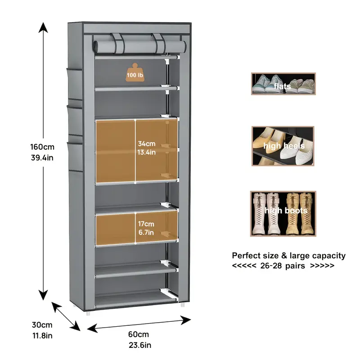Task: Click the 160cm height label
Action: tap(43, 147)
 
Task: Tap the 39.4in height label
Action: tap(43, 157)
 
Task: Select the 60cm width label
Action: tap(138, 334)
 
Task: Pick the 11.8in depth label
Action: tap(42, 336)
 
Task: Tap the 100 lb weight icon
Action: tap(135, 73)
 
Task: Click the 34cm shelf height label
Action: tap(147, 144)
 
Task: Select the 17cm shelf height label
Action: tap(146, 223)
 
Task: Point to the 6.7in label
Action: tap(146, 232)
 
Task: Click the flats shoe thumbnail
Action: tap(283, 84)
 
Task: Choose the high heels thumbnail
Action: tap(283, 146)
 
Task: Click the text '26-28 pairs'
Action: tap(283, 265)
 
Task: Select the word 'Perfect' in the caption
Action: tap(246, 256)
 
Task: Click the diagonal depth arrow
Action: tap(66, 316)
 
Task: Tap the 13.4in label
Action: tap(147, 153)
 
